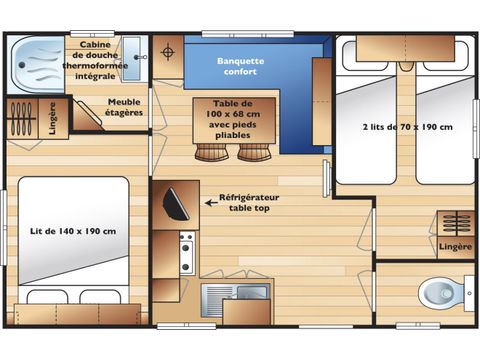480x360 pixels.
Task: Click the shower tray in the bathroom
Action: click(37, 63)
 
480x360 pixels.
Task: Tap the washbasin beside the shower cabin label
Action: click(134, 52)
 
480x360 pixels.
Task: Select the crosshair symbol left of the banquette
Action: click(167, 51)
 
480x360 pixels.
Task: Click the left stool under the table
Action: click(211, 152)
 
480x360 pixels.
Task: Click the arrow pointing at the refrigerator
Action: click(212, 201)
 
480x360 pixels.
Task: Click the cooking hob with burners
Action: click(186, 252)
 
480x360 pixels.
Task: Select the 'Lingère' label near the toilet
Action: click(455, 245)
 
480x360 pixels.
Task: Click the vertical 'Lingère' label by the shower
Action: click(52, 118)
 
